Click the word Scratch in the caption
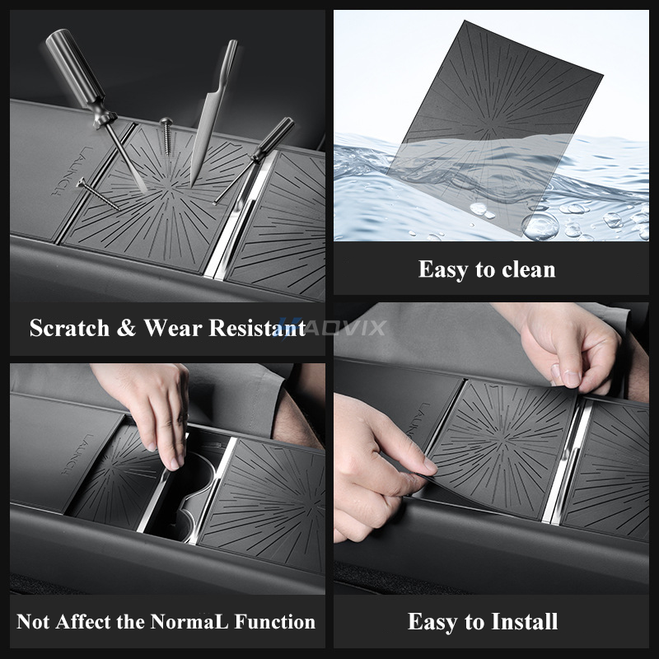point(68,328)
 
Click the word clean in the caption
point(526,269)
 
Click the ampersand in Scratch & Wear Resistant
point(125,328)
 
